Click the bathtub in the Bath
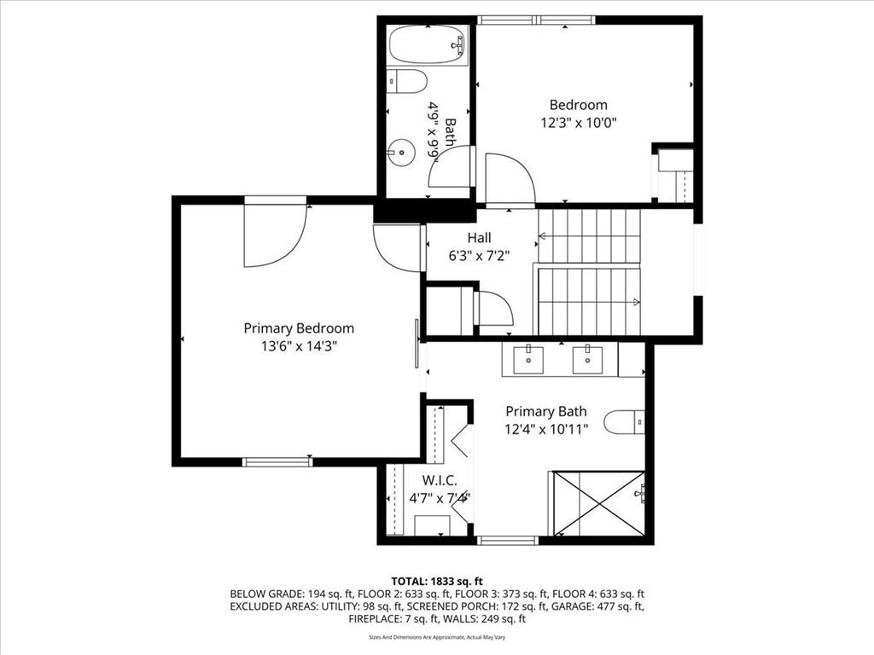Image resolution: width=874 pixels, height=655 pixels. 427,44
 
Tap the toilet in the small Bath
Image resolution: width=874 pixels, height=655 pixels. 407,81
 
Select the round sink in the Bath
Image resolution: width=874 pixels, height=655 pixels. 401,152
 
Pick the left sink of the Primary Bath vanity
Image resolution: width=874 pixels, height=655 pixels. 527,360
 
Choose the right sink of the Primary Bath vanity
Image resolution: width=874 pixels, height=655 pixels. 588,360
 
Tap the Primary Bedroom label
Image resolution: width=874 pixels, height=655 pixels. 299,328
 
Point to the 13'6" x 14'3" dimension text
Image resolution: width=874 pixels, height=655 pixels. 299,346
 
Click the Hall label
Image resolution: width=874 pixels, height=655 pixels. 480,238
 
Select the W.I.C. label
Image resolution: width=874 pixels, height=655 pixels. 440,479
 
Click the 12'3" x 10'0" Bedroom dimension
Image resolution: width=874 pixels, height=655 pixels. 579,123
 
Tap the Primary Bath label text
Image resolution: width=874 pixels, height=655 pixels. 546,412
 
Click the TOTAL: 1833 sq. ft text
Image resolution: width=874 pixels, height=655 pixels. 437,582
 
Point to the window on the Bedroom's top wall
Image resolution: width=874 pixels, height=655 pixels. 536,20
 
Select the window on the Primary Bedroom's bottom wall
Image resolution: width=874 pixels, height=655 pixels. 277,461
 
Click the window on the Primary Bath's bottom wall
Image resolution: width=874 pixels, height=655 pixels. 508,540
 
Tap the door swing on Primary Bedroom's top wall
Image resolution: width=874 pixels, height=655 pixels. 276,234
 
